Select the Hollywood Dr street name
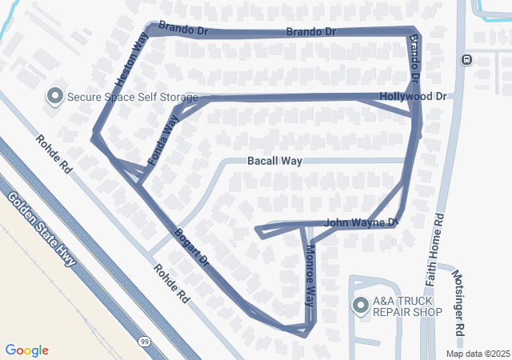pyautogui.click(x=413, y=96)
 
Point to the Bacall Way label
pyautogui.click(x=274, y=161)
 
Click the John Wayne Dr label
pyautogui.click(x=362, y=222)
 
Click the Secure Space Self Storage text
pyautogui.click(x=132, y=98)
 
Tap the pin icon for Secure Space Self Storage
pyautogui.click(x=55, y=97)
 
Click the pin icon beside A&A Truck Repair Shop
pyautogui.click(x=360, y=305)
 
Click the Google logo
pyautogui.click(x=26, y=350)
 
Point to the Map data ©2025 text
pyautogui.click(x=478, y=354)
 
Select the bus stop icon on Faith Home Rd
pyautogui.click(x=466, y=59)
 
